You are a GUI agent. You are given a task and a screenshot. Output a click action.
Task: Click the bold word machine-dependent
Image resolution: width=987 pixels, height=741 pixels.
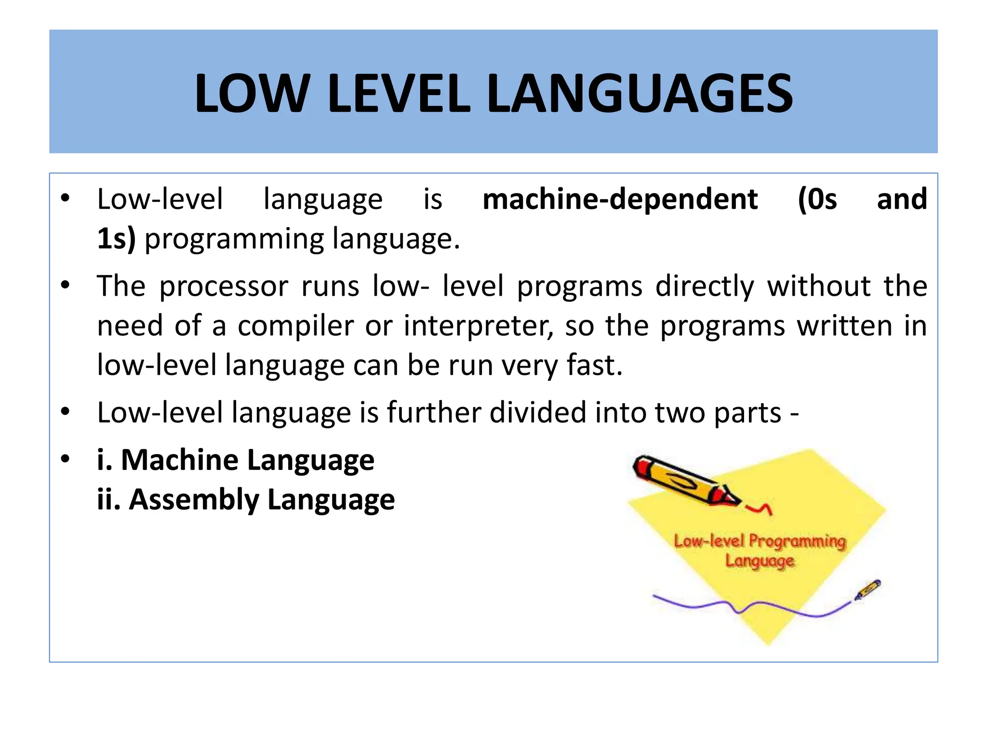pos(620,199)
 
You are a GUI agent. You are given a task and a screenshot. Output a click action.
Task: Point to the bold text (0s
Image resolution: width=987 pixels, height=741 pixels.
pos(817,199)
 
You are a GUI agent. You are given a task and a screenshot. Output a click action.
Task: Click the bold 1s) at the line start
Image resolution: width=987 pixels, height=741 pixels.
pos(116,239)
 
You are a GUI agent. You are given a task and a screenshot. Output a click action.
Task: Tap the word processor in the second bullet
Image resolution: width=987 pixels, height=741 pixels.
pos(224,287)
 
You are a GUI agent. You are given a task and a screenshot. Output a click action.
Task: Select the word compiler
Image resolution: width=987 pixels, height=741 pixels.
pos(296,326)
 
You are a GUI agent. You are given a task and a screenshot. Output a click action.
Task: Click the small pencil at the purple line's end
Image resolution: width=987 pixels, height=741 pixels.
pos(867,590)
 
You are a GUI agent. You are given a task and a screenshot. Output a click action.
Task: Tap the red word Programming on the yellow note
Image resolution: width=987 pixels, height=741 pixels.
pos(798,541)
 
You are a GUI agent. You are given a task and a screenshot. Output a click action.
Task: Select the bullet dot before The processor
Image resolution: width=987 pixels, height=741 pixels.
pos(66,285)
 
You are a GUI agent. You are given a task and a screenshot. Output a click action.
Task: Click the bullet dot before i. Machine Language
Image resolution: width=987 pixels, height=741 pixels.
pos(66,459)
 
